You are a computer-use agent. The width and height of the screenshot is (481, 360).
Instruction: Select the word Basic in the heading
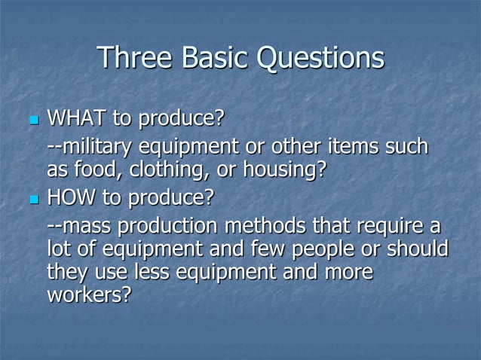pos(216,58)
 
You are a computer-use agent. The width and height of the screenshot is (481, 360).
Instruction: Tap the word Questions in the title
pos(321,59)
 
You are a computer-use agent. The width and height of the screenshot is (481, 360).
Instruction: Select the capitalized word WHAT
pos(77,119)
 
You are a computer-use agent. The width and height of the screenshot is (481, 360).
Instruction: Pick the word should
pos(418,249)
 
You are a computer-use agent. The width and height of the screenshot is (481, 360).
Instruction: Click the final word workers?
pos(88,295)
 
